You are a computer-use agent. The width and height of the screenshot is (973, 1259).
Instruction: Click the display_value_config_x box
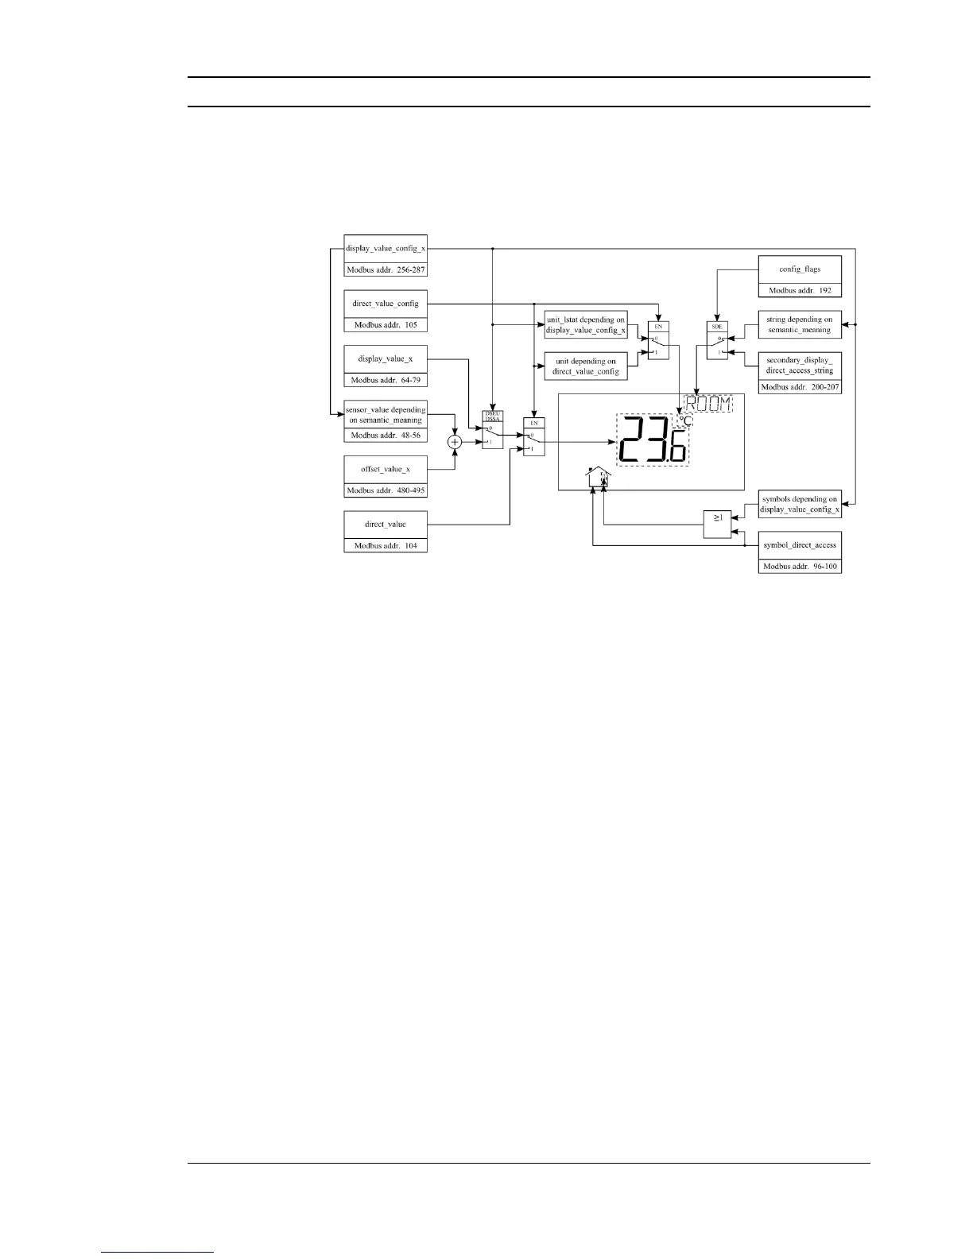click(386, 248)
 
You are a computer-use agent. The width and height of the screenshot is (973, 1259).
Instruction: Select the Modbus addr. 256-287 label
click(386, 269)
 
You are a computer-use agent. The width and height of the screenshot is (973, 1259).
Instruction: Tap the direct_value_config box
click(386, 304)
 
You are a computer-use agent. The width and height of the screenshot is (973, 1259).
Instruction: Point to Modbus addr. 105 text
click(386, 325)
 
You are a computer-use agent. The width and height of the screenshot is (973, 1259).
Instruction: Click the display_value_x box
click(386, 359)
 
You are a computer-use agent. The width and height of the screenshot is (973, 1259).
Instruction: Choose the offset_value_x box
click(386, 469)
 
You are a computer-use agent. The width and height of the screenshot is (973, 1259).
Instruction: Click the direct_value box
click(386, 525)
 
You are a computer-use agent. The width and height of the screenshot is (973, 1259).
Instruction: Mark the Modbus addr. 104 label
click(386, 546)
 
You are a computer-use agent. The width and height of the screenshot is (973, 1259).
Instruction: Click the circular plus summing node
click(455, 442)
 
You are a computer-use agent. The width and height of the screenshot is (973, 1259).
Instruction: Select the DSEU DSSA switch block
click(493, 430)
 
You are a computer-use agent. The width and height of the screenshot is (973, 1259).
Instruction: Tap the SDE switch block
click(716, 341)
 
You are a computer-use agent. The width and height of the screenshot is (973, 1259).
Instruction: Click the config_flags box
click(800, 269)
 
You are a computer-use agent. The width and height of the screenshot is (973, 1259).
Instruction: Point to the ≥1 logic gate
click(717, 523)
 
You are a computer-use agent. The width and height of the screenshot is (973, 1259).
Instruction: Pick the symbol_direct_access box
click(800, 546)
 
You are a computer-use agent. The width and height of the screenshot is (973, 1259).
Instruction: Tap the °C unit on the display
click(684, 420)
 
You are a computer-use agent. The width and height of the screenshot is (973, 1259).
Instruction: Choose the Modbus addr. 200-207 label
click(800, 387)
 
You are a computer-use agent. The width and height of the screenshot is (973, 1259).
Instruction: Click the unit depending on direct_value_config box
click(586, 366)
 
